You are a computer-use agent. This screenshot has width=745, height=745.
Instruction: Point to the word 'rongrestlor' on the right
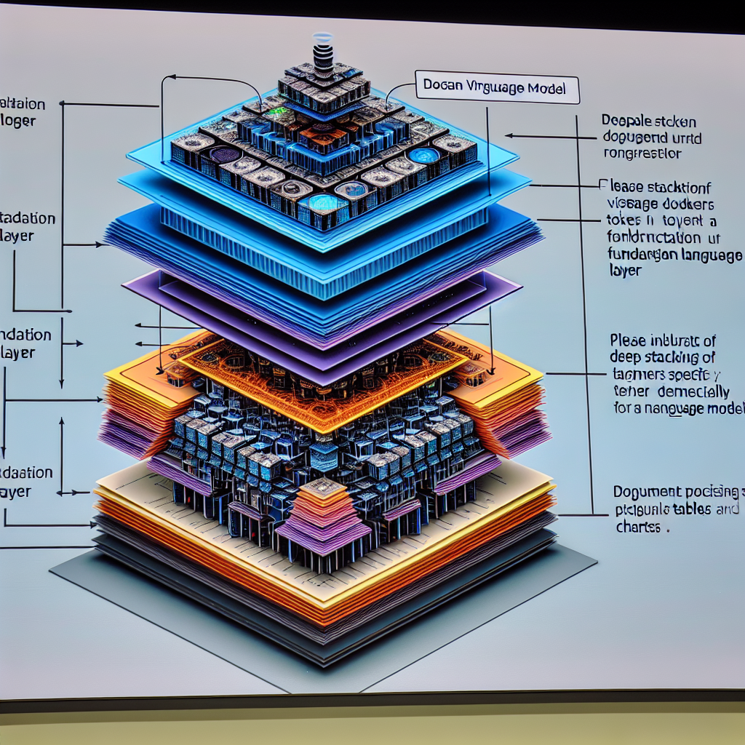(x=643, y=154)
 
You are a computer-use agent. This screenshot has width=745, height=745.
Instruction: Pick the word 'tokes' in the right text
(x=623, y=220)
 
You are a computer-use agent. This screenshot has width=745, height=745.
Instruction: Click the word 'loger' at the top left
(x=17, y=121)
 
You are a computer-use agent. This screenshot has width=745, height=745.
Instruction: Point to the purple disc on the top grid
(x=222, y=154)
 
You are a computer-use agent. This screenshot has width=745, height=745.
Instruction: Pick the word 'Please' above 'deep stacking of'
(x=632, y=340)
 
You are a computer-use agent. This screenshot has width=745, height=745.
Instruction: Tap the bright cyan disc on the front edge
(x=319, y=201)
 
